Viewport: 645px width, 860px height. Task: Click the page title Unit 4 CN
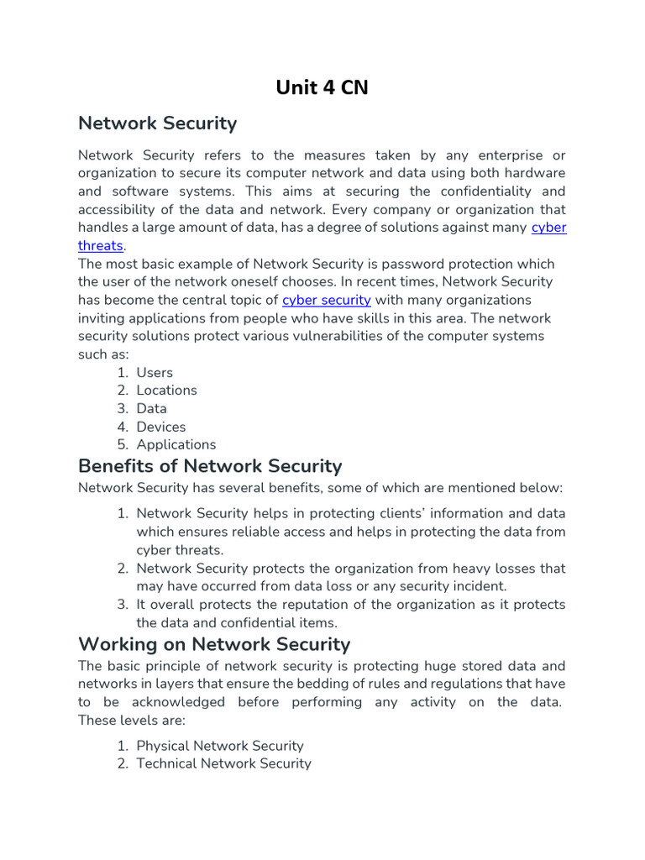tap(322, 87)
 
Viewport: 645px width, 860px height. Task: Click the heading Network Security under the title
tap(157, 123)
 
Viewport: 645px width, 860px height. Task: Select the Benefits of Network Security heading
tap(210, 466)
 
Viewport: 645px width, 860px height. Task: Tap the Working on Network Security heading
tap(214, 644)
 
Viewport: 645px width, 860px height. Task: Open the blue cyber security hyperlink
tap(327, 300)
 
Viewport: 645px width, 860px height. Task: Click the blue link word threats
tap(101, 245)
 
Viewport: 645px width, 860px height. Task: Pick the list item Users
tap(155, 372)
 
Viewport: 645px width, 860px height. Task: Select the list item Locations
tap(166, 390)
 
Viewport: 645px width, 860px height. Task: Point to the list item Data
tap(151, 408)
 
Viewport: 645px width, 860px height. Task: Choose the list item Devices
tap(161, 427)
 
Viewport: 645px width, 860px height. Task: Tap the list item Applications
tap(176, 444)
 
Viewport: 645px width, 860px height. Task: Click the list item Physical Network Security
tap(220, 746)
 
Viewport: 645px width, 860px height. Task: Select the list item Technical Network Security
tap(223, 763)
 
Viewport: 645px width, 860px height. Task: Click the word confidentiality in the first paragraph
tap(488, 191)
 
